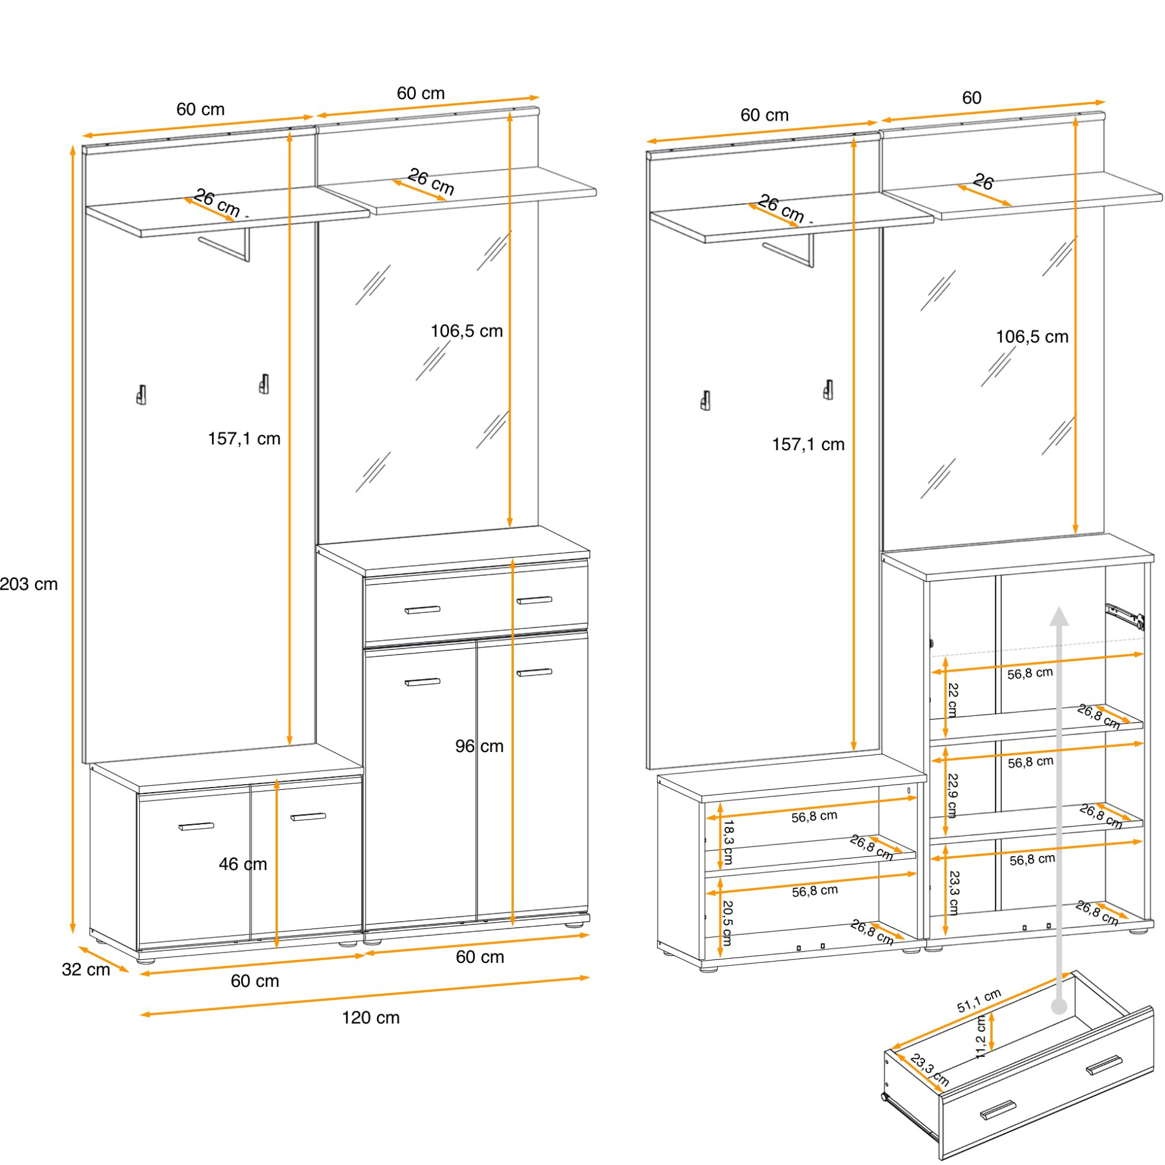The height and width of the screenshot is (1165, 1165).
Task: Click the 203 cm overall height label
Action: [29, 584]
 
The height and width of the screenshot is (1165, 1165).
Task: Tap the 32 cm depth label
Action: [86, 970]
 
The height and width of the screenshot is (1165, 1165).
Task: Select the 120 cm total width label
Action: [370, 1018]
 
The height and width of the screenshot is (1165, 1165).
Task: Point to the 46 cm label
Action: [242, 864]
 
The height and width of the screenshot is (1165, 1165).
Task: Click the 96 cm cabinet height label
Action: [479, 746]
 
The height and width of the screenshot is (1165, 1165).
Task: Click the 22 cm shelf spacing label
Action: [952, 700]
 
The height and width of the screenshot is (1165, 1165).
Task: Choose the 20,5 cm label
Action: [727, 923]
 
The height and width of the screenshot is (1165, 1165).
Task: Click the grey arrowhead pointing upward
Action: [1059, 616]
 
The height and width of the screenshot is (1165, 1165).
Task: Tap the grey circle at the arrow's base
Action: [1059, 1007]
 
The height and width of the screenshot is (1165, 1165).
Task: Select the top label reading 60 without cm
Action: [972, 98]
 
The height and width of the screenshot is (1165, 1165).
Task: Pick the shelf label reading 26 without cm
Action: [983, 182]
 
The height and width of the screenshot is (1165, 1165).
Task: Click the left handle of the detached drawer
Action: [998, 1110]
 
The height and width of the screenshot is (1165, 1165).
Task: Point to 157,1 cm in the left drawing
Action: [244, 439]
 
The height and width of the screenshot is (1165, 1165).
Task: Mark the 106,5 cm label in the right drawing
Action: [1032, 337]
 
